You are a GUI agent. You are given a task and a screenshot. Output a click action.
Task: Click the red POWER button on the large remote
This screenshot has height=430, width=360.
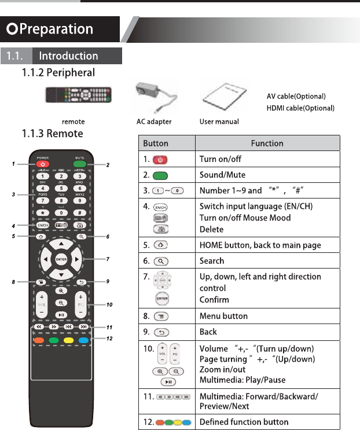42,164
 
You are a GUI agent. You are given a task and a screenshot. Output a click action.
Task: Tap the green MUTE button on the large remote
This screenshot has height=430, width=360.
80,164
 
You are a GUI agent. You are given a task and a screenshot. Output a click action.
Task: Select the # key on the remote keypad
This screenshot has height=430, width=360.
80,213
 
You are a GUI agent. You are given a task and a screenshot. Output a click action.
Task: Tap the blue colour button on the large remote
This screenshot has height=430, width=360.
84,340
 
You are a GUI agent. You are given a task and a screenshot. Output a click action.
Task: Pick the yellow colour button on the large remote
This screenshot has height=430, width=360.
69,340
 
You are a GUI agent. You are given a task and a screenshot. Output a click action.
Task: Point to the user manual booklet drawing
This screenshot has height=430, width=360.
219,95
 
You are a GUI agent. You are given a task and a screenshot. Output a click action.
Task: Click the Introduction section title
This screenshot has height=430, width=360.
68,56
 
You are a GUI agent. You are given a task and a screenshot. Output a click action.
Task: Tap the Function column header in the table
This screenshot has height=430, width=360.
267,143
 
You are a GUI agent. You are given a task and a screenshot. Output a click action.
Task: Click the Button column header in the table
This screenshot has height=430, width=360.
156,143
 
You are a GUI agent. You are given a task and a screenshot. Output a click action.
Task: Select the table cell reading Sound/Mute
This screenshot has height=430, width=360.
222,175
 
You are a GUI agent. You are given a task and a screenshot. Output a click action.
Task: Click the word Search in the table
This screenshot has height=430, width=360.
212,261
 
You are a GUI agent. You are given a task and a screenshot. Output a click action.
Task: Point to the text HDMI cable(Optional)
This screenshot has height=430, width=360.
300,108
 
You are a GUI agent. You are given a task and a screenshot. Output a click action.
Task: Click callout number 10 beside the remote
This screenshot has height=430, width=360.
109,304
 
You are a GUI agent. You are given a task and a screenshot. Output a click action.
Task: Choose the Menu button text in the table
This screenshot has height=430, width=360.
223,316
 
